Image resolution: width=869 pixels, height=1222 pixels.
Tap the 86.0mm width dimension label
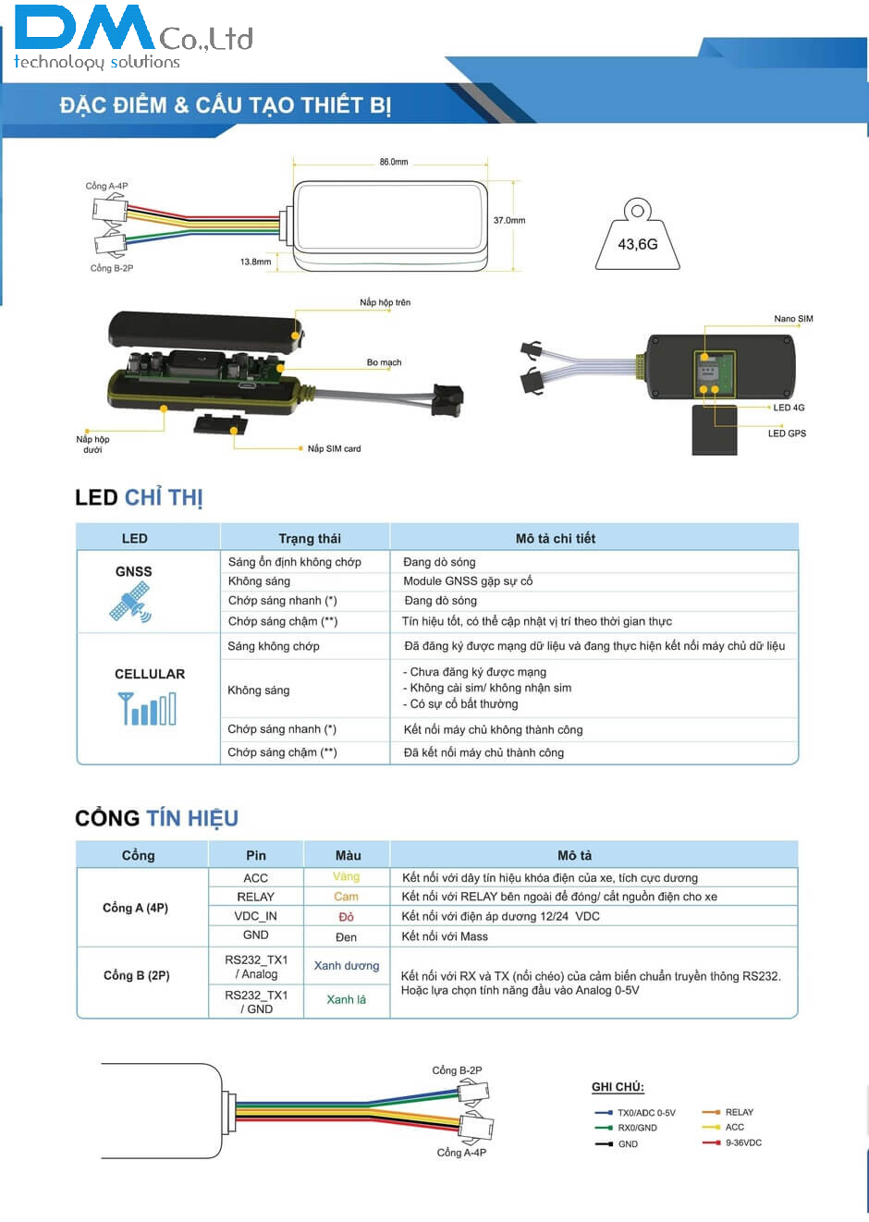[393, 162]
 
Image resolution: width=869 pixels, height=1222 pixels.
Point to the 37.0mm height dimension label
[508, 221]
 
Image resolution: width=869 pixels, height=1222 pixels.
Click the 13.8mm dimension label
[255, 262]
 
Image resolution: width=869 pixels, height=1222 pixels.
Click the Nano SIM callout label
[793, 319]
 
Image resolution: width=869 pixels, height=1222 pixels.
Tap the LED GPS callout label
[787, 434]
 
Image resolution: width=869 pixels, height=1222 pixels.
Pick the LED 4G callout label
[789, 408]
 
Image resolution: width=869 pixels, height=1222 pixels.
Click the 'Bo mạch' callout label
[384, 362]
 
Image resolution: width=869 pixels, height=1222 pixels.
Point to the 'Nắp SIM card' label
[334, 448]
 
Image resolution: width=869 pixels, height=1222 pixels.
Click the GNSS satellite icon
[130, 603]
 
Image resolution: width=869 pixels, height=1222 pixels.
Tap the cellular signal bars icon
[148, 709]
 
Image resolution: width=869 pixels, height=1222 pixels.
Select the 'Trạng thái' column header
[310, 539]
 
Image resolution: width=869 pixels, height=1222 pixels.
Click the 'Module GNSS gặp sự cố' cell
[468, 581]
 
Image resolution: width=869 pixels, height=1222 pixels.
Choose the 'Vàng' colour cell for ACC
[346, 876]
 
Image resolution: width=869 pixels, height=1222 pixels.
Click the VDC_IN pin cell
[255, 916]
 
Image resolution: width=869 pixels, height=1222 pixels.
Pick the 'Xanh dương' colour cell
[347, 966]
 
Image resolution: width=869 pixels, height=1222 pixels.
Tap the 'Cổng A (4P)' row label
[135, 908]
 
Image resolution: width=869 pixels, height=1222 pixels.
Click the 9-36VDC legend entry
[743, 1143]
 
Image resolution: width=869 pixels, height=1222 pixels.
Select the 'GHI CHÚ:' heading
[618, 1087]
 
